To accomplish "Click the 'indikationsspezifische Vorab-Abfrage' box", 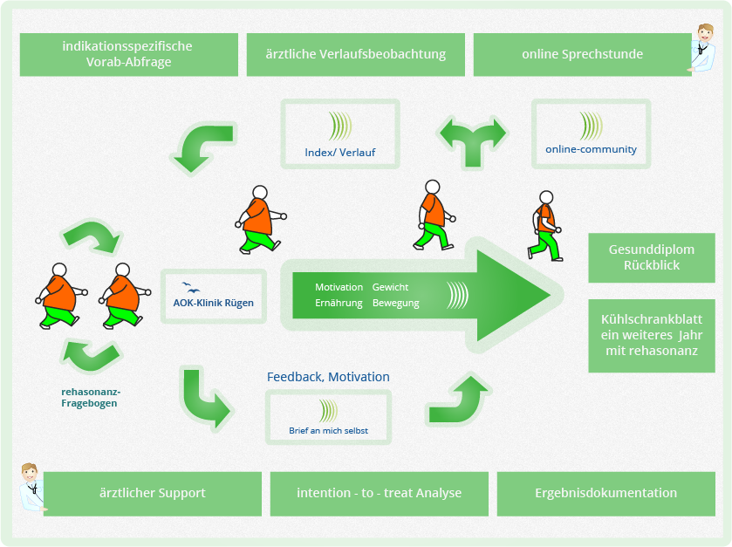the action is pos(129,54).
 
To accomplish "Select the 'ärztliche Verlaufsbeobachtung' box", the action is pos(356,54).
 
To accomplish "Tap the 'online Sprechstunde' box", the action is pos(582,54).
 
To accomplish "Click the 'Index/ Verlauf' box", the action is pos(340,134).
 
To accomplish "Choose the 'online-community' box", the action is pos(591,134).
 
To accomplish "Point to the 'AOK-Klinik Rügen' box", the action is pos(214,297).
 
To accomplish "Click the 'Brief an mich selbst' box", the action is pos(328,417).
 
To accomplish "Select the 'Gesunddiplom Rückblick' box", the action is pos(652,257).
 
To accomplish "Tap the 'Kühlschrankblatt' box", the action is pos(652,336).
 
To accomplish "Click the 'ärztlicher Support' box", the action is pos(152,494).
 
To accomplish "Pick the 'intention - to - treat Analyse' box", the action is pos(379,494).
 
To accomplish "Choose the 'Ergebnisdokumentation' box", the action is pos(606,494).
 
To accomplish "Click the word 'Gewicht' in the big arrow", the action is pos(390,287).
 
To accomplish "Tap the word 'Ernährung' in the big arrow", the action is pos(339,303).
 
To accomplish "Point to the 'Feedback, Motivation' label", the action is pos(328,377).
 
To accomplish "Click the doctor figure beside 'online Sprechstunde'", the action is pos(702,48).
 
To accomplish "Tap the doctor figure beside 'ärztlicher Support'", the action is pos(31,487).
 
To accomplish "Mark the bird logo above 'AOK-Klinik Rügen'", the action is pos(190,288).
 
